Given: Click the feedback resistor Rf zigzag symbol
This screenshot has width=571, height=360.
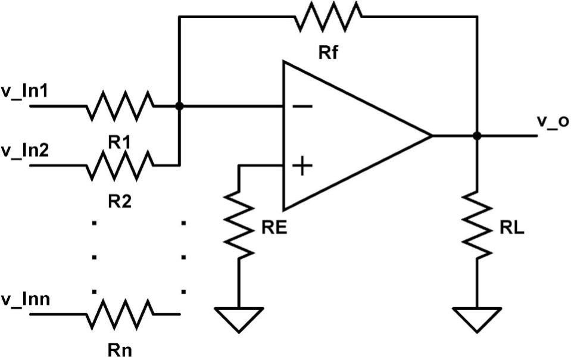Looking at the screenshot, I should (327, 16).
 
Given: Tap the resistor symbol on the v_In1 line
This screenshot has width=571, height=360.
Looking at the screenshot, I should (119, 106).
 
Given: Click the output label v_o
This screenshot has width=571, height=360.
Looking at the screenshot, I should (553, 121).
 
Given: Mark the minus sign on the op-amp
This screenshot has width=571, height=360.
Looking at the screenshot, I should (303, 107).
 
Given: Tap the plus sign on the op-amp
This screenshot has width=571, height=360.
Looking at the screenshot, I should (303, 165).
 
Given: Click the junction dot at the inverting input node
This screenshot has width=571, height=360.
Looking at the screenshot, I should (179, 106).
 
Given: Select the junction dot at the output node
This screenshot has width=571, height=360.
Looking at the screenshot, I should (476, 136).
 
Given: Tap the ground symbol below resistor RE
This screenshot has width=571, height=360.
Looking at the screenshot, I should (238, 319).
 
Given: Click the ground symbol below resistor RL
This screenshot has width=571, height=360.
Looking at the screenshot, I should (476, 319).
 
